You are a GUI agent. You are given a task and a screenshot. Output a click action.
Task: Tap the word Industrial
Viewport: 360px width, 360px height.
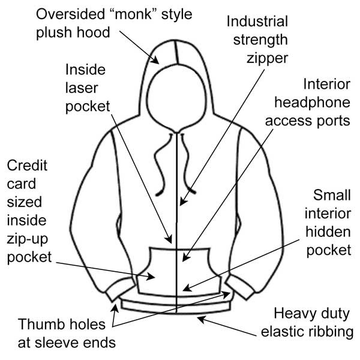point(257,22)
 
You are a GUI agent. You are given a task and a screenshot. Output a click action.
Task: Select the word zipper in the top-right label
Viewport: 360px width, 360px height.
point(266,58)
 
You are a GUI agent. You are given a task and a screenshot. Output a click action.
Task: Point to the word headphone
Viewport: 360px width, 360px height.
point(308,103)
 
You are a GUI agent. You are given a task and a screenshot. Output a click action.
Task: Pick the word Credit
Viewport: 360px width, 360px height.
point(27,166)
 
